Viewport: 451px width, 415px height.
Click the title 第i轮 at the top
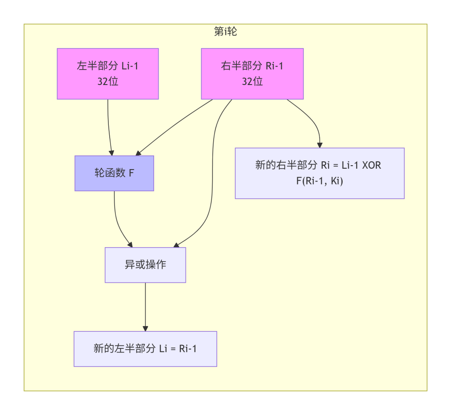click(x=225, y=32)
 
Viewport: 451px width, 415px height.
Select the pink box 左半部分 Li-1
click(x=108, y=74)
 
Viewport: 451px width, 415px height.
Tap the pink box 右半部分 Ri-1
click(x=252, y=74)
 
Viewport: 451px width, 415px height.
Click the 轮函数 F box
click(x=114, y=173)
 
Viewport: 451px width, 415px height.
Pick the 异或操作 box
click(x=145, y=265)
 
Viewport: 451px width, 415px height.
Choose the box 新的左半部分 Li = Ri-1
click(x=145, y=348)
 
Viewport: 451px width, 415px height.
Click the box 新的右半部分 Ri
click(x=319, y=173)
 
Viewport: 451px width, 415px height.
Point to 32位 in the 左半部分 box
click(x=108, y=82)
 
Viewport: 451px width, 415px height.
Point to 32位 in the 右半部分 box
click(x=252, y=82)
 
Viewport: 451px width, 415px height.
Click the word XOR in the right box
click(x=371, y=165)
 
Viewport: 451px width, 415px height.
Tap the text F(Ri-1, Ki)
click(x=319, y=181)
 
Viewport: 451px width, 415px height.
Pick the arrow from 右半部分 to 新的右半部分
click(x=311, y=119)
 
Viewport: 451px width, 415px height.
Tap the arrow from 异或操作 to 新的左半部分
click(x=145, y=306)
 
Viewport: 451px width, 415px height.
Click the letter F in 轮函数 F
click(x=131, y=173)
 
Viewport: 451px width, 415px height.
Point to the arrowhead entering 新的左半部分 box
click(x=145, y=328)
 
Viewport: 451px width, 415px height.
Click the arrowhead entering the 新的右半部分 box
click(x=320, y=145)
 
